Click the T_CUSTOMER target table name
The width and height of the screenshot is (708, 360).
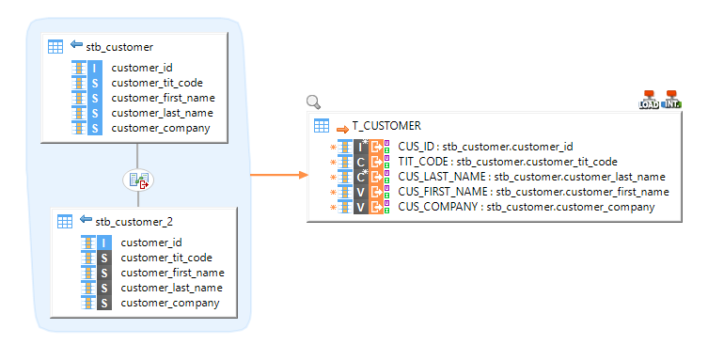[386, 125]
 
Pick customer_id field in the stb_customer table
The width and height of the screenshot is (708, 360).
[142, 68]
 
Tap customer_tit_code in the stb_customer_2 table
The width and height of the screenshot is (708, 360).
[166, 258]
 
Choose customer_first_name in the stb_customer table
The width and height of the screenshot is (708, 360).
[163, 98]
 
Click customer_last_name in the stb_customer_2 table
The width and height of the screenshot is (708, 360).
[171, 288]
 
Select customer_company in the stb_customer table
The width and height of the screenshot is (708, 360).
[160, 128]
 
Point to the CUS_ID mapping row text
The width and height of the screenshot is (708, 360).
[485, 147]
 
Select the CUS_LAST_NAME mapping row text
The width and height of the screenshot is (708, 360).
[531, 177]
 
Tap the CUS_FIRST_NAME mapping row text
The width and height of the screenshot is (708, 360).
[533, 192]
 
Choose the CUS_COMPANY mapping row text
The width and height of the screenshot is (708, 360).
[526, 207]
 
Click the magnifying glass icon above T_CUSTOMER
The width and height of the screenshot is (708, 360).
[314, 102]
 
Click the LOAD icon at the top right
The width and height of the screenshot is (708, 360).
[649, 100]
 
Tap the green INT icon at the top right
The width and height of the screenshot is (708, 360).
[671, 100]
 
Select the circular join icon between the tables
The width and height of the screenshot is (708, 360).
[138, 180]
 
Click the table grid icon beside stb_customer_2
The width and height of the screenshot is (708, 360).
[65, 221]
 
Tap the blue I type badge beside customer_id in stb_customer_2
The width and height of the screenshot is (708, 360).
[105, 243]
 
